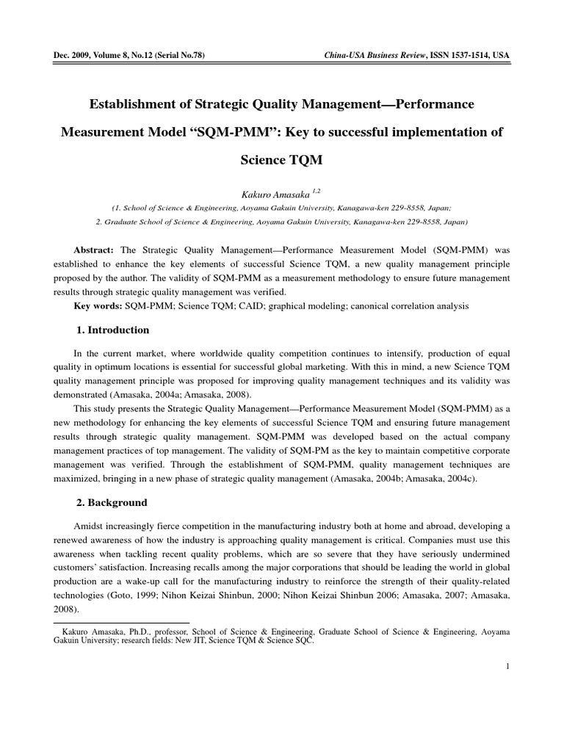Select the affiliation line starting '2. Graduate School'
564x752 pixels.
(282, 221)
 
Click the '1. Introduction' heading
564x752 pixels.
(113, 330)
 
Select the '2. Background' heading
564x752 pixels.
(112, 503)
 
